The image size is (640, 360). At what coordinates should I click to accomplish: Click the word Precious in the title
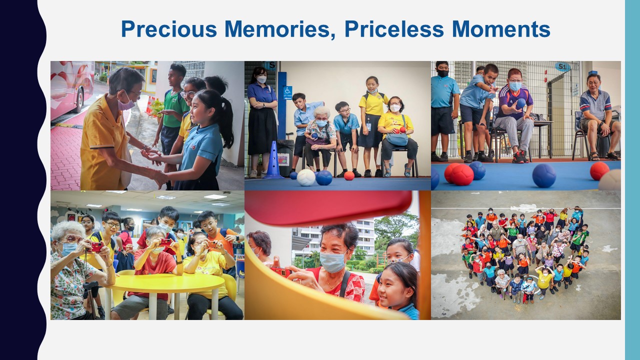169,29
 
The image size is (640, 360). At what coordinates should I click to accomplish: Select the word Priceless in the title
394,29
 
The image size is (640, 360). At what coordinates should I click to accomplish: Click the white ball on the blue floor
305,177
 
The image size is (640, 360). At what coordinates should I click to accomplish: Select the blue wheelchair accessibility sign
287,92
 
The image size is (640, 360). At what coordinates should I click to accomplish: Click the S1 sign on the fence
562,67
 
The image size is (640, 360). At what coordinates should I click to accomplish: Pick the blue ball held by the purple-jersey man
520,103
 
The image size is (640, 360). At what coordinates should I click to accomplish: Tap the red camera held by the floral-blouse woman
96,247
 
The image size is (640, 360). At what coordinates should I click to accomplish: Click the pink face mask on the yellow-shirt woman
125,104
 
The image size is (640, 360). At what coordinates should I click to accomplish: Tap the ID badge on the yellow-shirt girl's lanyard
369,126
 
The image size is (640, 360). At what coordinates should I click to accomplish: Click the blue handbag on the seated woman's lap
397,139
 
